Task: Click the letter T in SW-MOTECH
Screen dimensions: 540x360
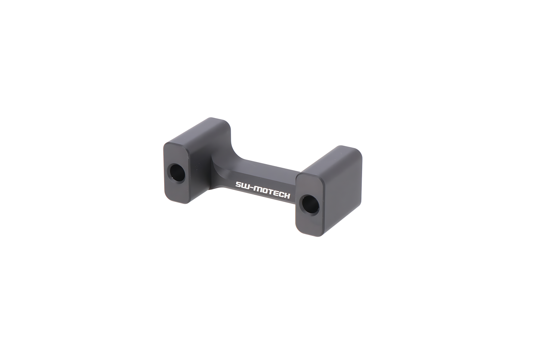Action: pyautogui.click(x=272, y=193)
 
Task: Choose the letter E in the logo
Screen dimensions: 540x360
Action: pyautogui.click(x=277, y=194)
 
